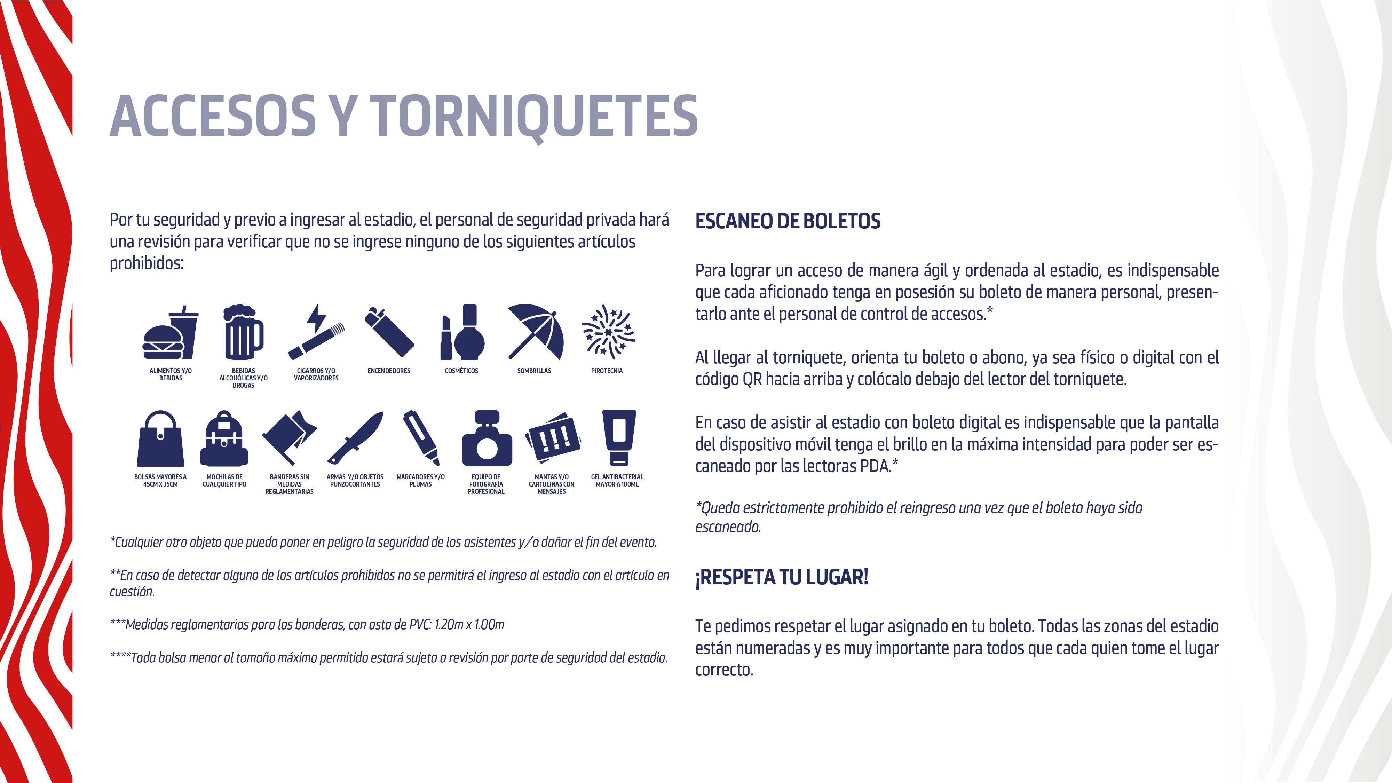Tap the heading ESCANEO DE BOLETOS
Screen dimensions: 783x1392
[x=787, y=221]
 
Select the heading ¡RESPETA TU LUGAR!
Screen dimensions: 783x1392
[x=781, y=577]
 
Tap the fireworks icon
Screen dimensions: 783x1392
[x=608, y=332]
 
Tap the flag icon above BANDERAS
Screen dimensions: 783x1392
[x=290, y=437]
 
